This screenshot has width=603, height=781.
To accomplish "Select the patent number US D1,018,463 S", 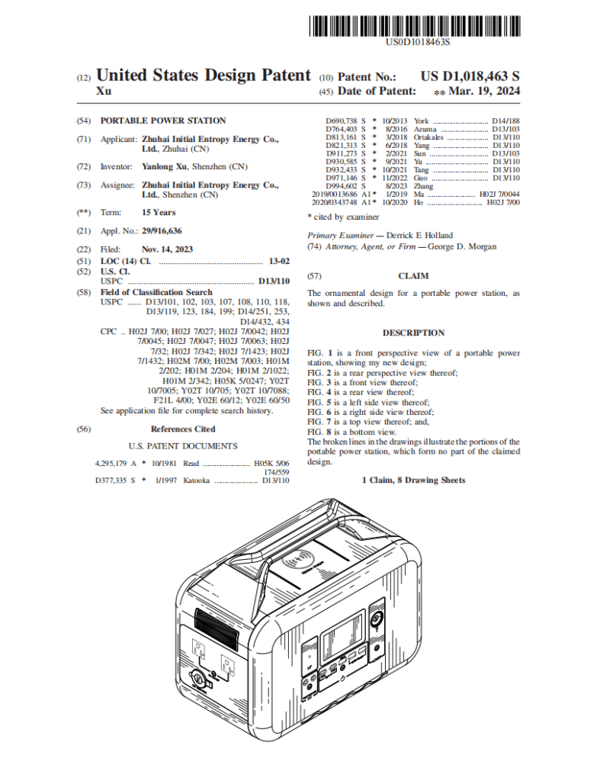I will [470, 76].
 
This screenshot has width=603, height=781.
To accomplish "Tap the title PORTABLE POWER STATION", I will [163, 121].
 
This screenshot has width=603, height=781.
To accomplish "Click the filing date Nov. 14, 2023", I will [167, 249].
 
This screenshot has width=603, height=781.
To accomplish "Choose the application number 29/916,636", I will [162, 231].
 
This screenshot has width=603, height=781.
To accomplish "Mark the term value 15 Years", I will [159, 213].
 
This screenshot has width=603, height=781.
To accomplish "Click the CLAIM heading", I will [413, 276].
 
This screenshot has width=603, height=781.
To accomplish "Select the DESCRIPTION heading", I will [413, 333].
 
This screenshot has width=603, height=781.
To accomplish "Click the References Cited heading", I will [183, 429].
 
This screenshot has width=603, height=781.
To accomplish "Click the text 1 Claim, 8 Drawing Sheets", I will [413, 480].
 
